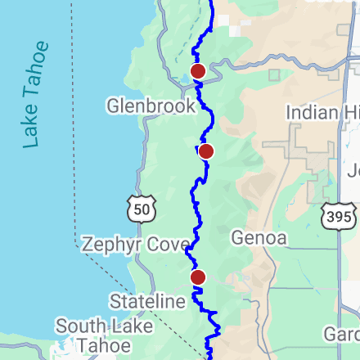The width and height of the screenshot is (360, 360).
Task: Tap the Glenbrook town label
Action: [151, 106]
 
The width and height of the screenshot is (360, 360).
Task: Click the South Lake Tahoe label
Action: [92, 335]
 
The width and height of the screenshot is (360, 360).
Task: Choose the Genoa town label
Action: [259, 238]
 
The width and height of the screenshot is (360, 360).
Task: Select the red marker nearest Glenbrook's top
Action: [197, 71]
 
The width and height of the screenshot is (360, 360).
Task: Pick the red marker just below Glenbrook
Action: [206, 151]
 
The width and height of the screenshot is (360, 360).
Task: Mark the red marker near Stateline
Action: [198, 277]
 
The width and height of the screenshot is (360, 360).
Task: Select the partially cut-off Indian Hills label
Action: [322, 112]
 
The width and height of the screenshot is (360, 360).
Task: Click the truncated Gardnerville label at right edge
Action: [341, 335]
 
